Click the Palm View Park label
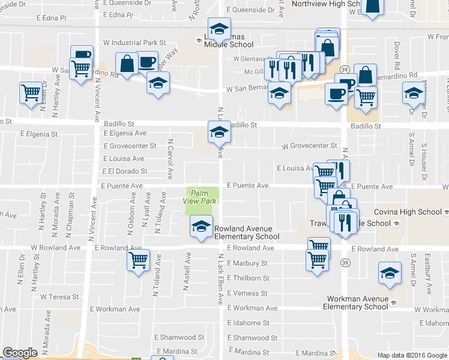(x=200, y=197)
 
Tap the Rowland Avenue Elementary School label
(x=243, y=232)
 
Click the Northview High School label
(x=325, y=4)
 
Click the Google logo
(x=20, y=353)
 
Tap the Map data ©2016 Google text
(x=412, y=355)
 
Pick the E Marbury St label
(x=247, y=263)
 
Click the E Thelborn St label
(x=248, y=278)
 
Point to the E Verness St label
(x=247, y=293)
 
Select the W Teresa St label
(x=60, y=297)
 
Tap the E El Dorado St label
(x=125, y=172)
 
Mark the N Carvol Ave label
(x=170, y=154)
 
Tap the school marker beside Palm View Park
(x=201, y=227)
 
